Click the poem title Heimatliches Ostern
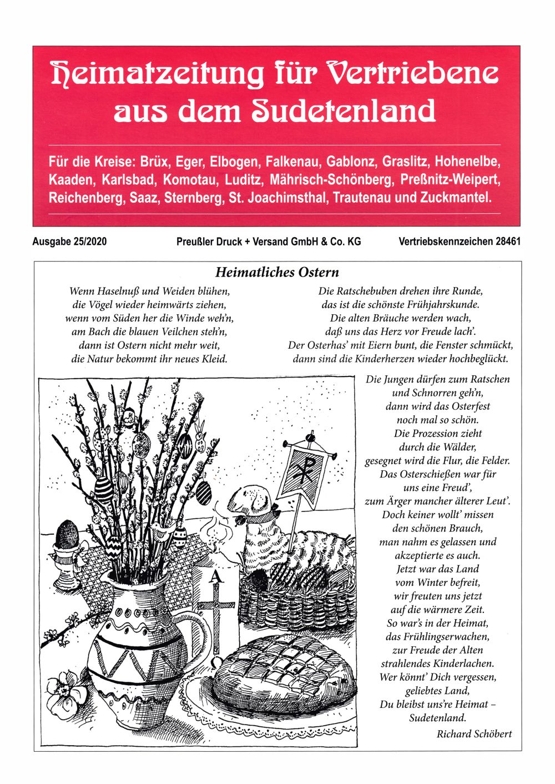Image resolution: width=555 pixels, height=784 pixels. point(277,272)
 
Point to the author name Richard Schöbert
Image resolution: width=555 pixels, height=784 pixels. point(474,733)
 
